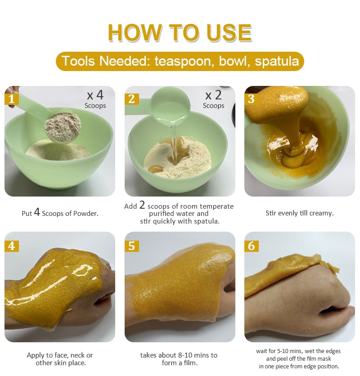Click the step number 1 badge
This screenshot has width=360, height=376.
point(12,98)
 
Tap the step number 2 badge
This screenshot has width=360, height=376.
point(132,98)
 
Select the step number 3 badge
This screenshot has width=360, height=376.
point(251,98)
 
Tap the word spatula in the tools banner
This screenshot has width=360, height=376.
point(277,61)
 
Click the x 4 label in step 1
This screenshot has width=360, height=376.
point(95,95)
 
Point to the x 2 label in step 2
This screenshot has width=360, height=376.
point(213,95)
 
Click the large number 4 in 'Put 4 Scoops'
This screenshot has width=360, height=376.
point(37,212)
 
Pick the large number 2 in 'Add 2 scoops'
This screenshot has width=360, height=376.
point(142,205)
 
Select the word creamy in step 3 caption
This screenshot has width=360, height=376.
point(321,214)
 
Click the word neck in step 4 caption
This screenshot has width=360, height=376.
point(78,355)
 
